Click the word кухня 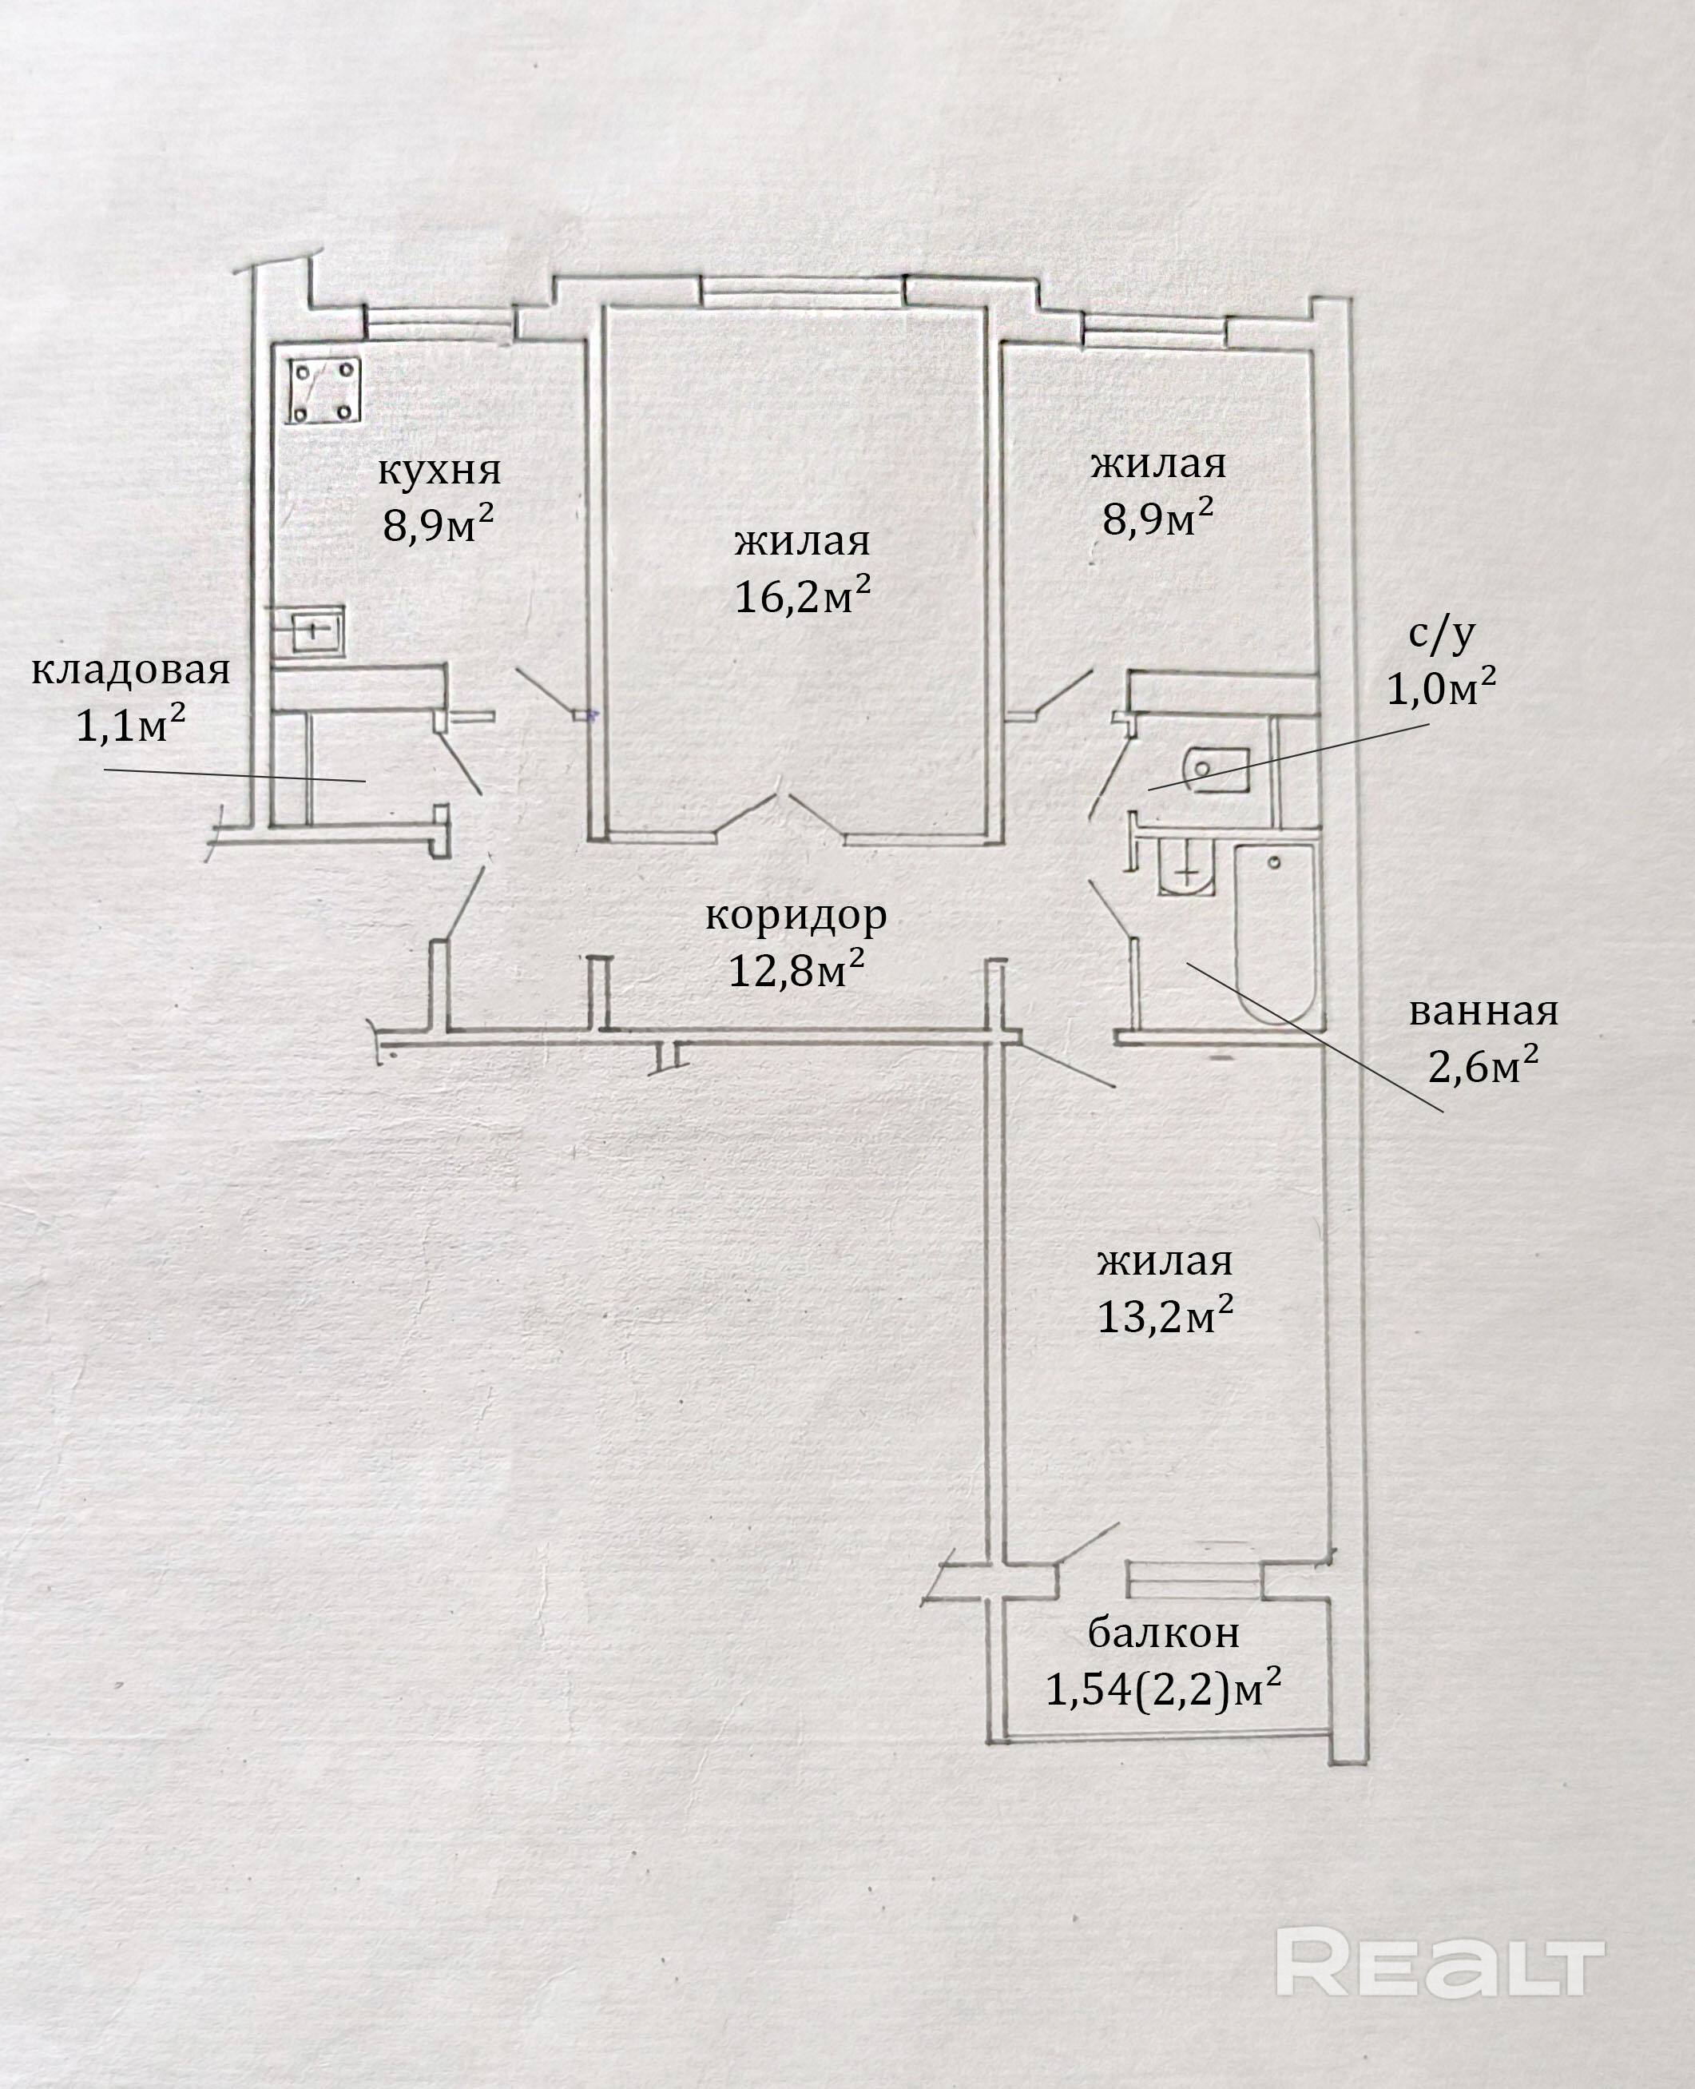pos(439,471)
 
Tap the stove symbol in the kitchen pos(324,391)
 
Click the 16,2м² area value pos(802,595)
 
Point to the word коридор pos(796,915)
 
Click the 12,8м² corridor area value pos(796,970)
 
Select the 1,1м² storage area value pos(131,725)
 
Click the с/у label pos(1441,634)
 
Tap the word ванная pos(1483,1012)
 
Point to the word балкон pos(1163,1631)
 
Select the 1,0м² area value pos(1441,690)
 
